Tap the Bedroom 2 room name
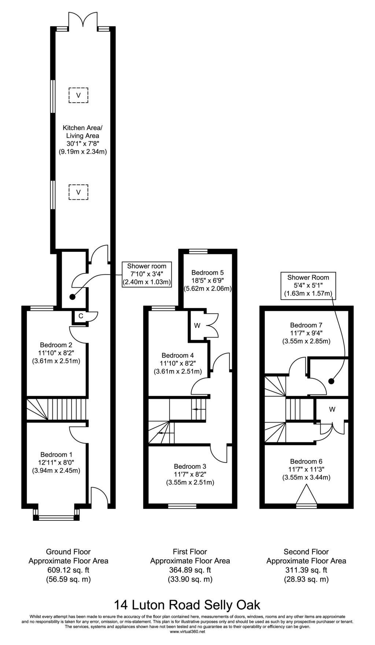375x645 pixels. pos(56,345)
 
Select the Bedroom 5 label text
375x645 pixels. pos(207,273)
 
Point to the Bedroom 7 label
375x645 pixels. pos(306,325)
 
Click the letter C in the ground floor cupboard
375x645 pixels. pos(81,316)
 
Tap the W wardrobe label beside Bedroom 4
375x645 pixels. pos(197,325)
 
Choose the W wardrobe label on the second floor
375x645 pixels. pos(332,409)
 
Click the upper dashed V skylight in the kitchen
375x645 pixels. pos(78,95)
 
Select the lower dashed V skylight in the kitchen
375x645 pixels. pos(78,192)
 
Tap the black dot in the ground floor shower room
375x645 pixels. pos(72,297)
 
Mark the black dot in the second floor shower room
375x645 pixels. pos(331,381)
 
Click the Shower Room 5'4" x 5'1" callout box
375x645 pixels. pos(308,285)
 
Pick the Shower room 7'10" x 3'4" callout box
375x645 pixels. pos(147,274)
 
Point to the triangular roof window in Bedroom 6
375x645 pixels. pos(306,495)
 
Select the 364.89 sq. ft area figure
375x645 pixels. pos(190,570)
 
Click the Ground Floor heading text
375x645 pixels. pos(68,552)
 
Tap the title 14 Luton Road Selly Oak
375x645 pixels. pos(187,604)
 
